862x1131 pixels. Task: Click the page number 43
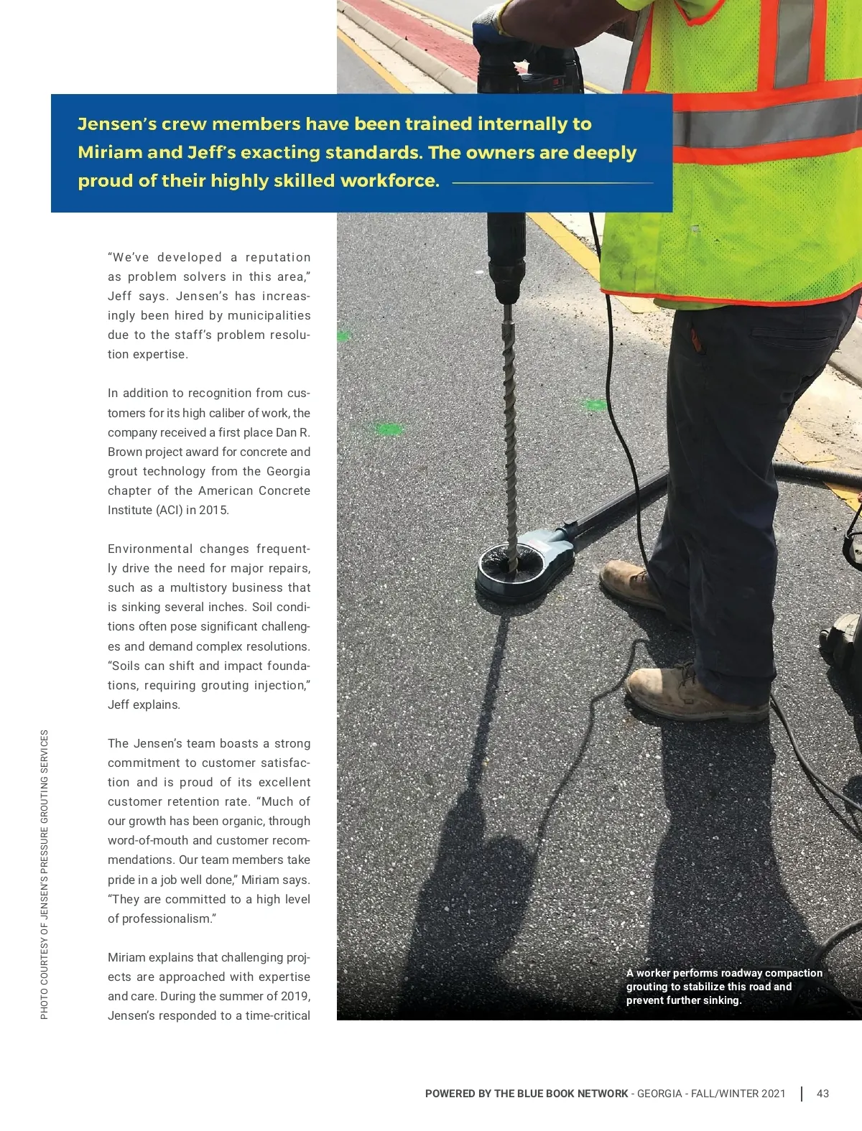point(822,1094)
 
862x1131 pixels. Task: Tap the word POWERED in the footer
point(450,1094)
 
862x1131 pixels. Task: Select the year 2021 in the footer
point(772,1094)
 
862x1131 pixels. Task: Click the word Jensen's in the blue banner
point(116,124)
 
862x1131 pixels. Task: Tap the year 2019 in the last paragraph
point(296,997)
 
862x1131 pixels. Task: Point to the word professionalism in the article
point(169,919)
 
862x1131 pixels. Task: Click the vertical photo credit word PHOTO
point(45,1003)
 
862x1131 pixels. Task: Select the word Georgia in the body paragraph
point(288,472)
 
